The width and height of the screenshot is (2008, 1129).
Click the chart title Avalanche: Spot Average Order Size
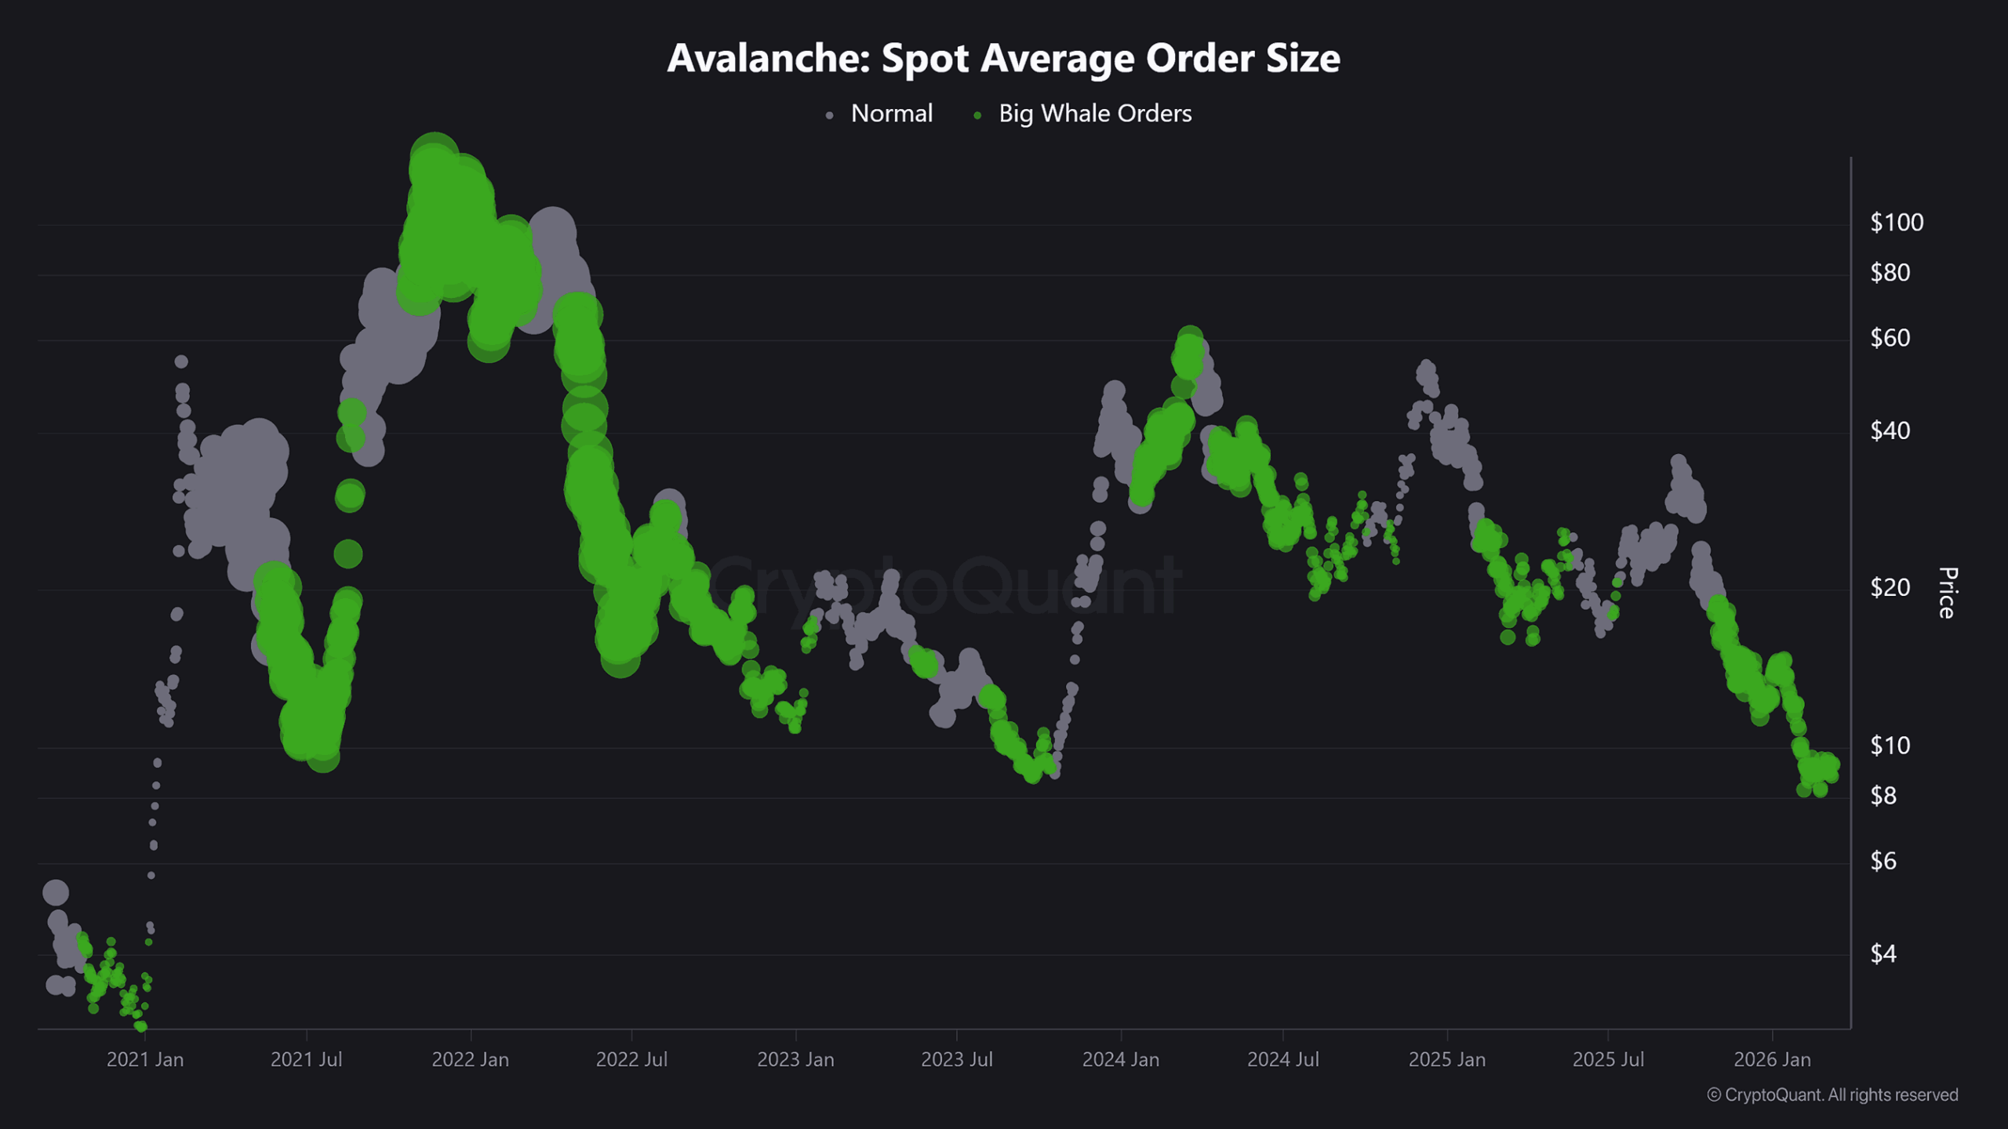tap(1003, 58)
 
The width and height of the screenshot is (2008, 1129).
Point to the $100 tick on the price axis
tap(1896, 223)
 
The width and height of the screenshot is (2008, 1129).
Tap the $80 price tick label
tap(1890, 273)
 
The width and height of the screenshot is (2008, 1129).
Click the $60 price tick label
tap(1890, 338)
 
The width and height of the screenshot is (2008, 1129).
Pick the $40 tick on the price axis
tap(1890, 430)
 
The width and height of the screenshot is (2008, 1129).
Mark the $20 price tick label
tap(1890, 587)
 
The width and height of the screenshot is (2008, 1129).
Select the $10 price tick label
tap(1890, 746)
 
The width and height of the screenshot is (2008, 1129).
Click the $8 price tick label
tap(1882, 796)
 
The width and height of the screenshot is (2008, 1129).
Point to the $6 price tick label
tap(1882, 861)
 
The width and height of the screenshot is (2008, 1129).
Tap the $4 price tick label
tap(1882, 953)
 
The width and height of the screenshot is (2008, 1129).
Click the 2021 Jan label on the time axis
tap(145, 1059)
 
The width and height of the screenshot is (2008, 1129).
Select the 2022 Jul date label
tap(631, 1059)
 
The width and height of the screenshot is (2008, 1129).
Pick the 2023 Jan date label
tap(795, 1059)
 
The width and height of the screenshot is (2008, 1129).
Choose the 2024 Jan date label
tap(1120, 1059)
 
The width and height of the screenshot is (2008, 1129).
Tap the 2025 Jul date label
tap(1608, 1059)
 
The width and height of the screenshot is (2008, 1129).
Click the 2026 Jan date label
tap(1772, 1059)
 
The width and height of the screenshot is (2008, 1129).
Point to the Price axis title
tap(1947, 593)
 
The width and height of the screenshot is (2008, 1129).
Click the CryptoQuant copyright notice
tap(1832, 1095)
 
